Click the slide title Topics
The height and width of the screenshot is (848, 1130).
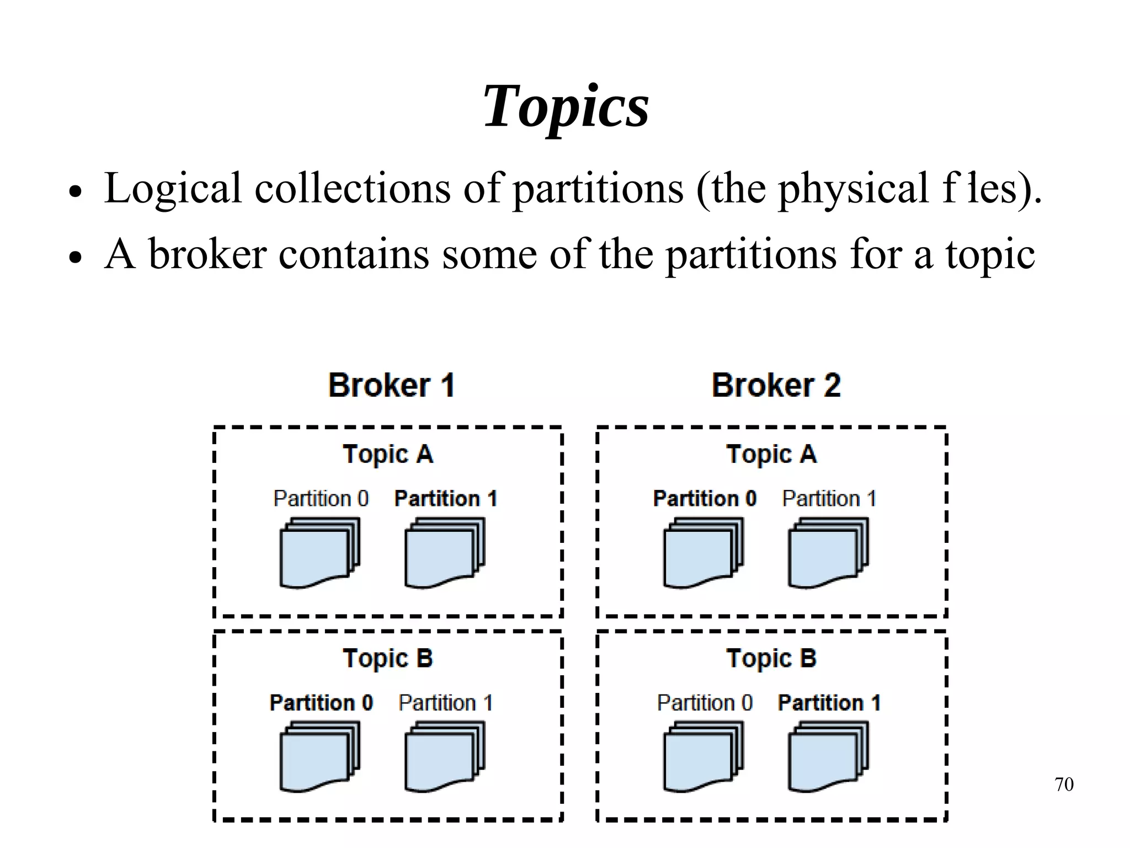click(x=566, y=106)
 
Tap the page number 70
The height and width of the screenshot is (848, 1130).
click(x=1064, y=784)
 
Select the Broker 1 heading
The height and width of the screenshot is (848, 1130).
click(x=391, y=385)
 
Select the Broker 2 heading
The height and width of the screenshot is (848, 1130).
click(x=776, y=385)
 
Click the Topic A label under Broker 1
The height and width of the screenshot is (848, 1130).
click(x=388, y=455)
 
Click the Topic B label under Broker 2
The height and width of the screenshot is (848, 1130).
click(x=771, y=659)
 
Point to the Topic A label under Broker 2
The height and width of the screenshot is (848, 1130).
click(x=771, y=455)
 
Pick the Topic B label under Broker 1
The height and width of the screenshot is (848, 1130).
click(x=388, y=659)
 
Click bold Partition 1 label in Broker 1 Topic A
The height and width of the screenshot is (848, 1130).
click(x=446, y=499)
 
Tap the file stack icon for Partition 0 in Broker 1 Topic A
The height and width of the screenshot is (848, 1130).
click(x=319, y=553)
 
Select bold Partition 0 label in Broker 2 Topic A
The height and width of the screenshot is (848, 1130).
click(x=705, y=499)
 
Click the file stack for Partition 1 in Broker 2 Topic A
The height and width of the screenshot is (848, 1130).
click(x=828, y=553)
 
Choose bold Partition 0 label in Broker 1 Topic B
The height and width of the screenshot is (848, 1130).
click(x=321, y=703)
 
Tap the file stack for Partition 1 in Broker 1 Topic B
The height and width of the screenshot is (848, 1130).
click(x=444, y=757)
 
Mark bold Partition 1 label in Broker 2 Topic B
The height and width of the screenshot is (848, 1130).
click(x=829, y=703)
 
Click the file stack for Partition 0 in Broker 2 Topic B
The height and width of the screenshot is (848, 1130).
click(x=703, y=757)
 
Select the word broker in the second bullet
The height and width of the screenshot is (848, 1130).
click(x=207, y=255)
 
